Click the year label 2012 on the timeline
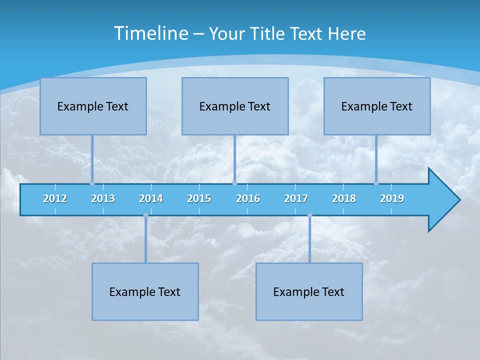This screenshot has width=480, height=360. pyautogui.click(x=55, y=198)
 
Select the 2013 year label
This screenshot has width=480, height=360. pyautogui.click(x=103, y=198)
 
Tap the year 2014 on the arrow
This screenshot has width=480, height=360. pyautogui.click(x=151, y=198)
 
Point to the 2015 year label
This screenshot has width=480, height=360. pyautogui.click(x=199, y=198)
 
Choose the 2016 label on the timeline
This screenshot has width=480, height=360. pyautogui.click(x=248, y=198)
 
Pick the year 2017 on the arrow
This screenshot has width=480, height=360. pyautogui.click(x=296, y=198)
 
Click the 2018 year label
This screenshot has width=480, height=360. pyautogui.click(x=344, y=198)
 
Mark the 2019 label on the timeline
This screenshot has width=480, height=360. pyautogui.click(x=392, y=198)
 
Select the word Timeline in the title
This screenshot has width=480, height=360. pyautogui.click(x=151, y=33)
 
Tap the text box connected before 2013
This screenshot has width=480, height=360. pyautogui.click(x=93, y=106)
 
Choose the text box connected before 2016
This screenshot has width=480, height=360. pyautogui.click(x=235, y=106)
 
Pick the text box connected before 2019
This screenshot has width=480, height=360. pyautogui.click(x=377, y=106)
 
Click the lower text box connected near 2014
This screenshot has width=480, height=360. pyautogui.click(x=145, y=291)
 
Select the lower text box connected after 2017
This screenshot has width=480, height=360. pyautogui.click(x=309, y=291)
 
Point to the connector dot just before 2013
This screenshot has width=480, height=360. pyautogui.click(x=92, y=183)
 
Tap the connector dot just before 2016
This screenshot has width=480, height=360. pyautogui.click(x=234, y=183)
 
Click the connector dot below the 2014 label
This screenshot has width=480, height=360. pyautogui.click(x=145, y=215)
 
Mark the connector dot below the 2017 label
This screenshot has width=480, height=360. pyautogui.click(x=309, y=215)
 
